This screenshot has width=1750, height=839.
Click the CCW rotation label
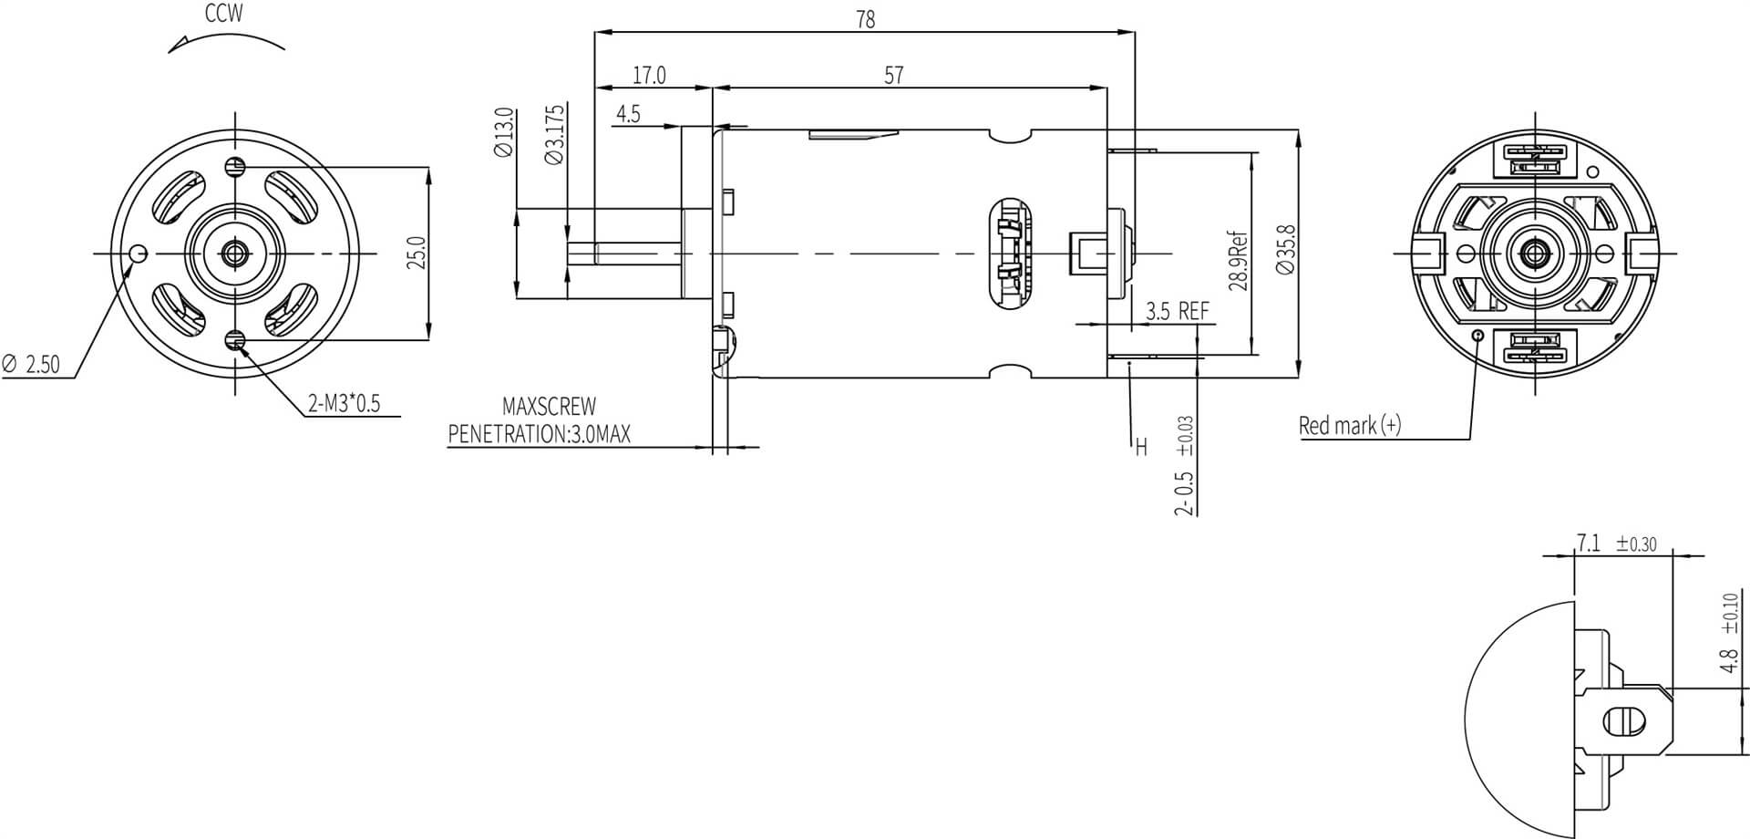click(x=223, y=14)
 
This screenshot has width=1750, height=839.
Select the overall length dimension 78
click(x=865, y=19)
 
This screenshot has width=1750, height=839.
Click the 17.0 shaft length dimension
click(x=649, y=75)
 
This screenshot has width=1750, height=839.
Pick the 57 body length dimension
click(x=893, y=75)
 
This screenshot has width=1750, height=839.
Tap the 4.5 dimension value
click(x=628, y=114)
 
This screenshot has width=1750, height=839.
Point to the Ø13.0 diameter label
click(x=504, y=133)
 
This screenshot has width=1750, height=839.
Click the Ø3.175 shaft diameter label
click(x=554, y=134)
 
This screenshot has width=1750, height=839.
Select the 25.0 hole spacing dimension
click(x=417, y=253)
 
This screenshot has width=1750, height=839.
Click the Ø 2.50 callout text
click(x=31, y=365)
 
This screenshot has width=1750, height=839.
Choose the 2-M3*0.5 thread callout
click(x=344, y=403)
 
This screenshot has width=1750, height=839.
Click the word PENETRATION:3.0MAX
click(x=539, y=434)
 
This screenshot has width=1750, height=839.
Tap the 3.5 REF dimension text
click(x=1177, y=311)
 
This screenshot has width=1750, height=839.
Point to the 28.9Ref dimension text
click(x=1238, y=261)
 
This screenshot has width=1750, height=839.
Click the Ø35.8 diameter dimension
click(x=1285, y=249)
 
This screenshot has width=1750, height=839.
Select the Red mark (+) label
click(x=1349, y=425)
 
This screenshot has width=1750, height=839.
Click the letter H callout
click(x=1140, y=448)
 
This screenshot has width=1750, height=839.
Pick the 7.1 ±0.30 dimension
click(x=1617, y=544)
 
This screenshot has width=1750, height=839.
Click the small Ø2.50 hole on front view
click(x=138, y=253)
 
